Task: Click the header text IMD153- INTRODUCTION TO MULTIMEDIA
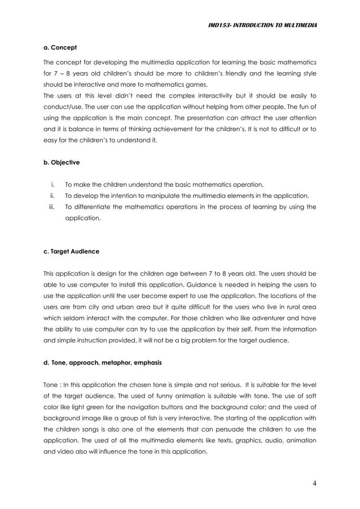(x=262, y=25)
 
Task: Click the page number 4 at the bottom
(x=313, y=483)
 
